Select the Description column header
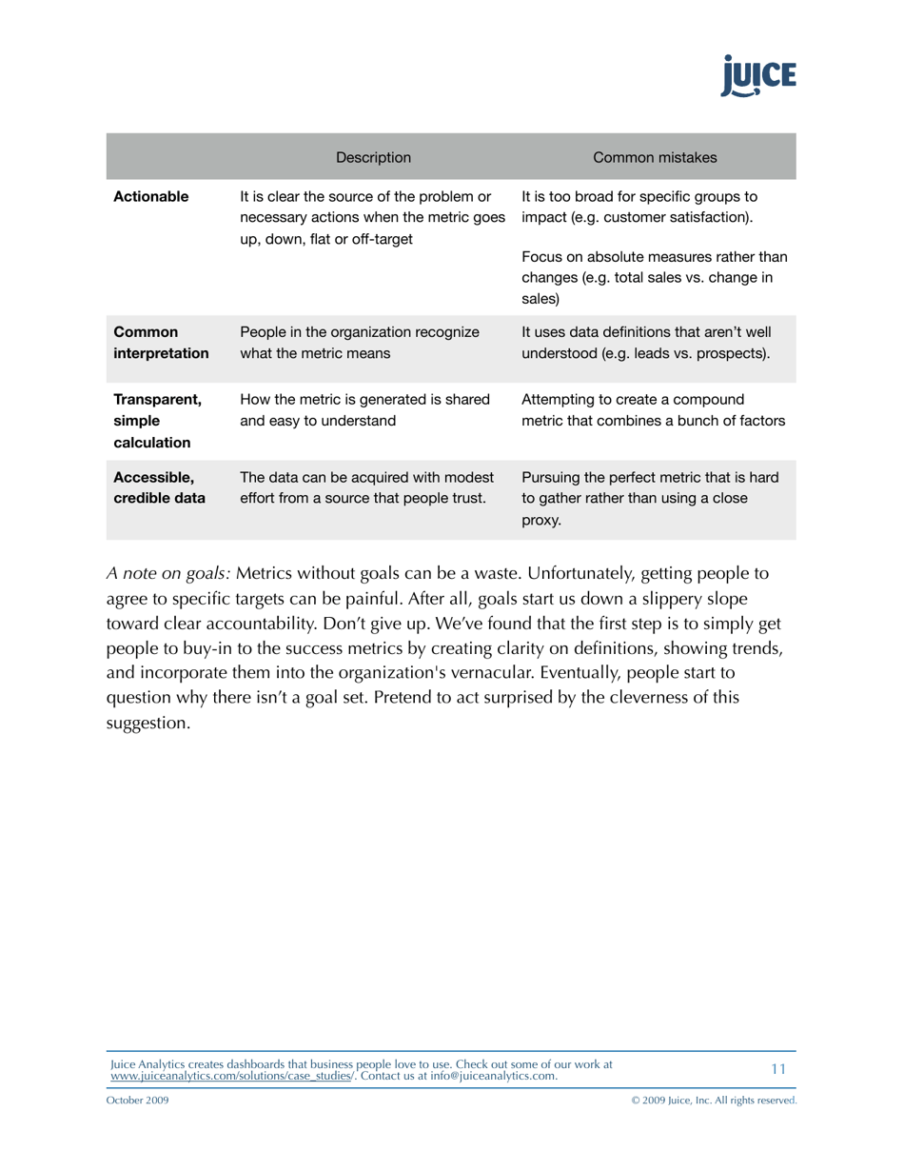pyautogui.click(x=373, y=157)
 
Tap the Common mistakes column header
pyautogui.click(x=655, y=157)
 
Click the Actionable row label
pyautogui.click(x=151, y=197)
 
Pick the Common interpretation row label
pyautogui.click(x=161, y=343)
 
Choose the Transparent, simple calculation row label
pyautogui.click(x=157, y=421)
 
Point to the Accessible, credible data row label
pyautogui.click(x=159, y=486)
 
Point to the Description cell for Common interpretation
pyautogui.click(x=359, y=343)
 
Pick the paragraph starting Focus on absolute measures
pyautogui.click(x=654, y=277)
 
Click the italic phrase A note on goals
pyautogui.click(x=167, y=575)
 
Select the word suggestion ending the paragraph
pyautogui.click(x=147, y=724)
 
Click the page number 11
pyautogui.click(x=778, y=1069)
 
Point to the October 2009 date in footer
pyautogui.click(x=139, y=1101)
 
